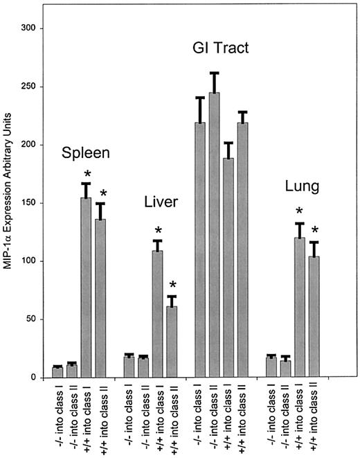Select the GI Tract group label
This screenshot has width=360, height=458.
(221, 49)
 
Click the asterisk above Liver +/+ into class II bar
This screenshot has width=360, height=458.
(173, 285)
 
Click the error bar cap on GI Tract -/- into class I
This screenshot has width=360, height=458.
(200, 98)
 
